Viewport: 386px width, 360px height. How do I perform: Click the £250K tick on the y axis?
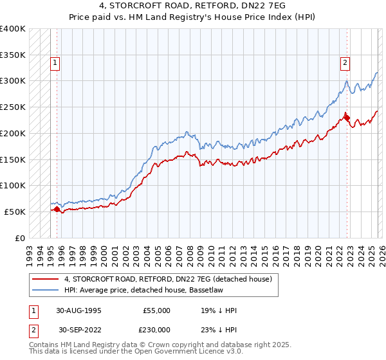pos(13,107)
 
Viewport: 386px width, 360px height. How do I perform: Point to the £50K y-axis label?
pos(15,212)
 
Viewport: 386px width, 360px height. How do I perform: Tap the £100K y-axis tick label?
pos(13,185)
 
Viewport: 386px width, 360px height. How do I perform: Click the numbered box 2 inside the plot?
pos(345,63)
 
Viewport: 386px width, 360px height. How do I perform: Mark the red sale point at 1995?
pos(57,209)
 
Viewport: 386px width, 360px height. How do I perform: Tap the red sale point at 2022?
pos(346,117)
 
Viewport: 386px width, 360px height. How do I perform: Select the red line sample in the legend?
pos(45,279)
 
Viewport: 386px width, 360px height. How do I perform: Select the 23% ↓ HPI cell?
pos(219,330)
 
